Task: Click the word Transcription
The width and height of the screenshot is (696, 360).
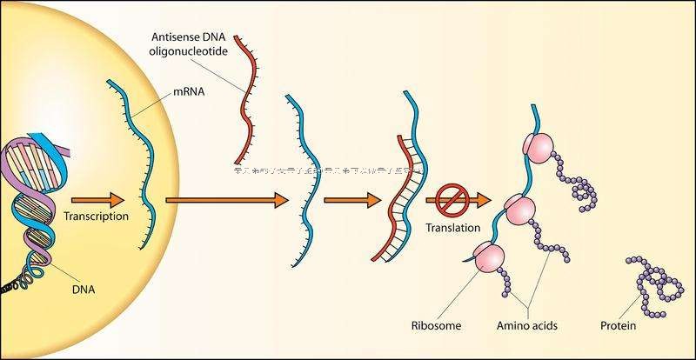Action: pyautogui.click(x=97, y=217)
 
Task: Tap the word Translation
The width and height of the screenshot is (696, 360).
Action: pyautogui.click(x=453, y=229)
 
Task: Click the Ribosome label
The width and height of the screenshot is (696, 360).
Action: pyautogui.click(x=436, y=327)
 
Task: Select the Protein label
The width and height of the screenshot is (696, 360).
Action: pyautogui.click(x=618, y=327)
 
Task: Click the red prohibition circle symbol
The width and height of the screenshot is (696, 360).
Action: pyautogui.click(x=453, y=201)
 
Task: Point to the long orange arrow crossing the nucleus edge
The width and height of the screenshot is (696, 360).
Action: pyautogui.click(x=226, y=200)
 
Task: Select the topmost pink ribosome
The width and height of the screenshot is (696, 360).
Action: pyautogui.click(x=538, y=148)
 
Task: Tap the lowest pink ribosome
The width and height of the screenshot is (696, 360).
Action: pyautogui.click(x=488, y=257)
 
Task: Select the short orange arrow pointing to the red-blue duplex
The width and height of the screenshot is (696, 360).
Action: pyautogui.click(x=352, y=200)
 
